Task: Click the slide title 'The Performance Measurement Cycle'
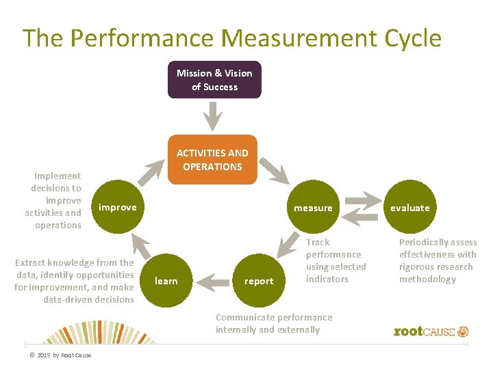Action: coord(231,38)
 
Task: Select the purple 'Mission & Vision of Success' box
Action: coord(214,80)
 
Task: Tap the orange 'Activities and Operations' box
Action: coord(212,160)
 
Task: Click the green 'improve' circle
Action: coord(118,207)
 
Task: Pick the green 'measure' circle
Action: coord(313,208)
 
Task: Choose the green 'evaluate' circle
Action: coord(409,208)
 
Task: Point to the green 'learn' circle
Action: coord(166,281)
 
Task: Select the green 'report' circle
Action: coord(259,281)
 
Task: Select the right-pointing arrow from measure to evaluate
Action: coord(361,200)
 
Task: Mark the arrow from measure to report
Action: coord(288,247)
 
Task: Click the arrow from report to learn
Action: coord(212,279)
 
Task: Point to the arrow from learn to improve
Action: coord(142,247)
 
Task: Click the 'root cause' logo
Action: coord(431,331)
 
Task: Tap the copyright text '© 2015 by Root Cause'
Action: coord(60,355)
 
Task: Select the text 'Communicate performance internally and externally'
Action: coord(274,323)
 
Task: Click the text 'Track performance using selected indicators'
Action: coord(336,260)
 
